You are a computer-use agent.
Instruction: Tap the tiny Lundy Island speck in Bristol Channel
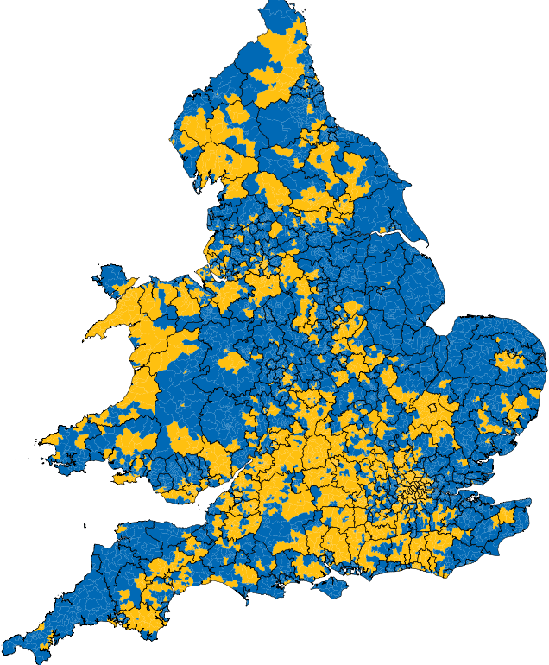[x=85, y=525]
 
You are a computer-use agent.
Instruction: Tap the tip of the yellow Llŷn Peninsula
[x=86, y=339]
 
